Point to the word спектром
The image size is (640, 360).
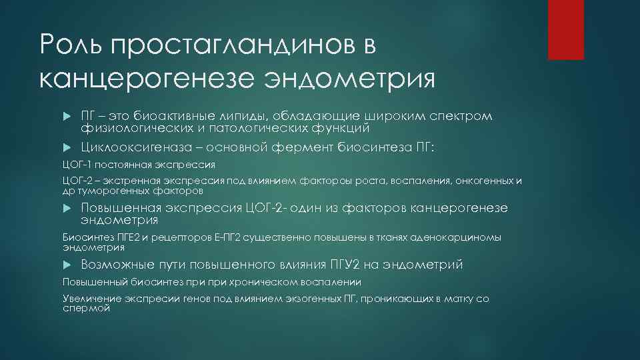coord(459,117)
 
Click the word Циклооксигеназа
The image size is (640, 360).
coord(133,147)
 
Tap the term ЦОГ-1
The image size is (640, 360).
coord(76,164)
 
